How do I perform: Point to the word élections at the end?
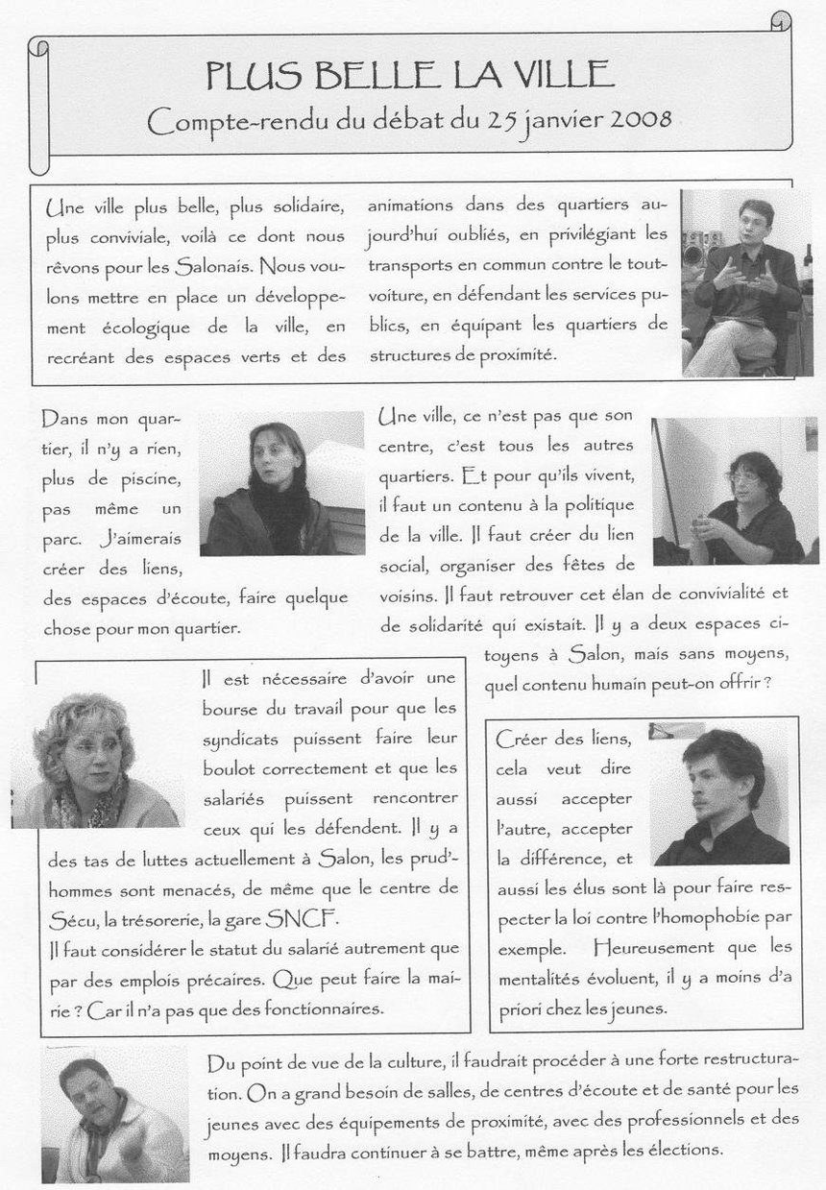coord(678,1149)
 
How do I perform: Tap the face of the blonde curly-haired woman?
coord(91,755)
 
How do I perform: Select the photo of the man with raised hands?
coord(741,283)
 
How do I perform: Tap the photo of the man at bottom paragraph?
coord(115,1114)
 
